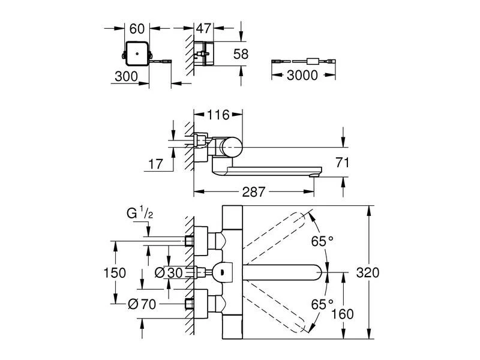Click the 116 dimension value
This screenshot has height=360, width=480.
coord(218,114)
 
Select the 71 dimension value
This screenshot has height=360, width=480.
coord(343,162)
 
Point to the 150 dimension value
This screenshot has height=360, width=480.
coord(114,272)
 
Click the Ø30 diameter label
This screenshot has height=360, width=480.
coord(169,272)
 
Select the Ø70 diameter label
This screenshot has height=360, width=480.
coord(143,304)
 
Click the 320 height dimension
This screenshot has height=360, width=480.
coord(367,272)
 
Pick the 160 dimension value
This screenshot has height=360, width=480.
coord(343,313)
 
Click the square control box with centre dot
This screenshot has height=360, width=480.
coord(137,54)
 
